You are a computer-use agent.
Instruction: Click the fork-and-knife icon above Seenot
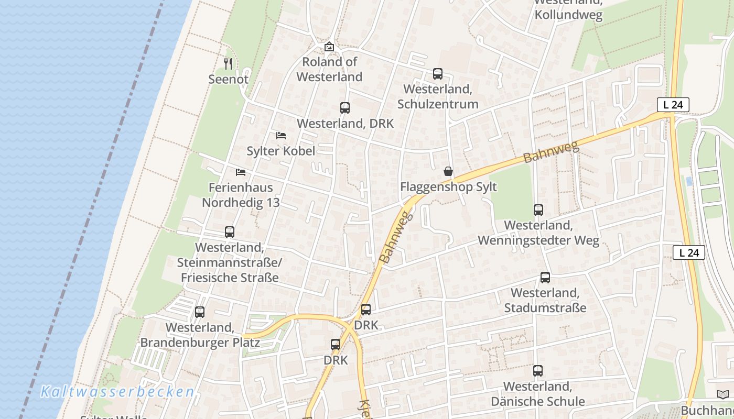coord(228,64)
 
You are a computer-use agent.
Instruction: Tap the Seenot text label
coord(228,79)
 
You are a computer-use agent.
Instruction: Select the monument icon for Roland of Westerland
coord(329,47)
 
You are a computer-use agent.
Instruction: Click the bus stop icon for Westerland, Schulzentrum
coord(438,74)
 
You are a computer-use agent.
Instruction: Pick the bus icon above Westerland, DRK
coord(344,108)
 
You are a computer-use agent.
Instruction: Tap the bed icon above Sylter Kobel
coord(281,136)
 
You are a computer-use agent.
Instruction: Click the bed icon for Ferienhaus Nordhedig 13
coord(241,172)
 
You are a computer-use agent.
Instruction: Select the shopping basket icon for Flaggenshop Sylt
coord(448,171)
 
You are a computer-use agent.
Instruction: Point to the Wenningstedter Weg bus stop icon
coord(538,210)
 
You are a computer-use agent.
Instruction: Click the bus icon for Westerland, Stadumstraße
coord(545,278)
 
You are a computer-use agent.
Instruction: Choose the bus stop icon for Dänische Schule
coord(537,371)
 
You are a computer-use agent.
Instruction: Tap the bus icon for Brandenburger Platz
coord(200,312)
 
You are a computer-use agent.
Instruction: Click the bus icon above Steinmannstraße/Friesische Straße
coord(229,231)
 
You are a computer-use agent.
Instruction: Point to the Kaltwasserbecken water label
coord(117,391)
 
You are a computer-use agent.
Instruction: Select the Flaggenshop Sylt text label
coord(448,187)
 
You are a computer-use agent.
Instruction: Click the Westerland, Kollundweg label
coord(568,10)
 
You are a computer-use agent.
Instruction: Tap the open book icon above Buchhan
coord(722,394)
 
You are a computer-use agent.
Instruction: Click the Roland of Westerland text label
coord(329,69)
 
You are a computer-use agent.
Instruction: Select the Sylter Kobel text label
coord(281,151)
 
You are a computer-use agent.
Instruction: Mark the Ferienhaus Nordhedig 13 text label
coord(241,195)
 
